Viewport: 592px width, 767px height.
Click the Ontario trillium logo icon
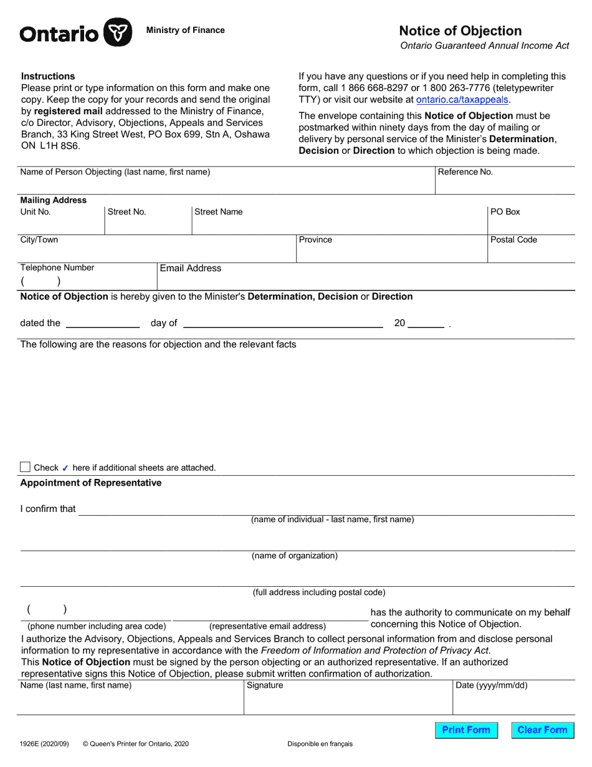point(117,32)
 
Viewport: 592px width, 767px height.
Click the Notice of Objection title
point(460,31)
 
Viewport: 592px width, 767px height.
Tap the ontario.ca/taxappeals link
point(462,99)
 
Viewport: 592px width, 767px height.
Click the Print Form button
point(466,730)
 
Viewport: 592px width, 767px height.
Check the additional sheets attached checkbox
point(25,467)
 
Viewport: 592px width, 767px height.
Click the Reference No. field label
point(465,172)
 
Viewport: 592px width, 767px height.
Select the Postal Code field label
point(513,240)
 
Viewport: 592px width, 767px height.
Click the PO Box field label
point(505,212)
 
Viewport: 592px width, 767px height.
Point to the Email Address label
point(190,268)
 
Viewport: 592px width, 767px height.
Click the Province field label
point(315,240)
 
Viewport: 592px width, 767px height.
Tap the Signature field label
point(265,685)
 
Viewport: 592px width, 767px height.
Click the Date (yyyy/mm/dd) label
point(491,685)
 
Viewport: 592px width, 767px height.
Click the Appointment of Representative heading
point(90,483)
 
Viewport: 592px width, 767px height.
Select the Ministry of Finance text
point(185,30)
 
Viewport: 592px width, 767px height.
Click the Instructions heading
point(48,76)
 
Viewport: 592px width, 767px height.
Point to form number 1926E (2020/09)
point(44,743)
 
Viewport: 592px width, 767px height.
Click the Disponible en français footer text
point(320,743)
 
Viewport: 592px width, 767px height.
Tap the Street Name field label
point(218,212)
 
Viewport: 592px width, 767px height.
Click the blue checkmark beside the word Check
point(65,468)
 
